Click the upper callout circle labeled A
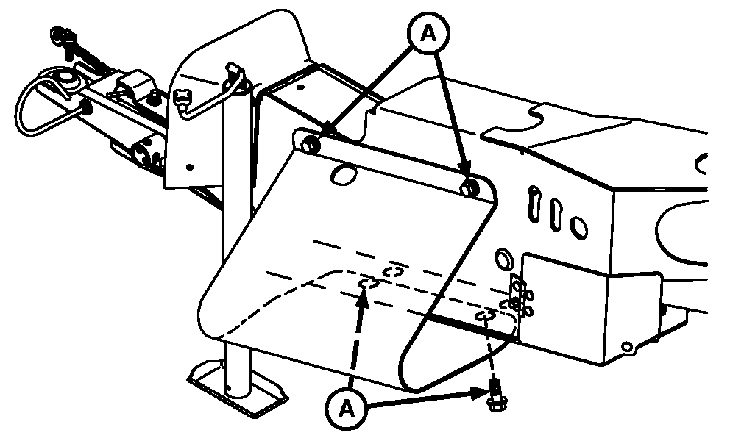click(429, 34)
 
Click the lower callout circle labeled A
click(346, 409)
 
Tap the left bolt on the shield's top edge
click(308, 144)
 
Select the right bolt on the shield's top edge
click(468, 187)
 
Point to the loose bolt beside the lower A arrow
click(495, 395)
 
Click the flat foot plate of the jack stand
click(237, 387)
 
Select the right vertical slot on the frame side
click(554, 212)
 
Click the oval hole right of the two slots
click(578, 227)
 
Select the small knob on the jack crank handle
click(182, 98)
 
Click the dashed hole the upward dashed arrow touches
click(368, 283)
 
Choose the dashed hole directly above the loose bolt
click(485, 316)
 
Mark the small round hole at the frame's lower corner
click(628, 346)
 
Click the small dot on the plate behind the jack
click(189, 167)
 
